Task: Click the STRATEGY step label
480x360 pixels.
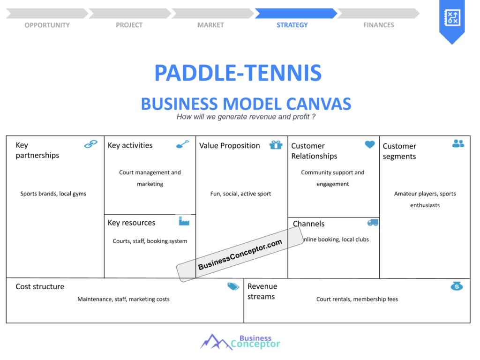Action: (x=292, y=25)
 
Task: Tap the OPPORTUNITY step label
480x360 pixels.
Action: (x=47, y=25)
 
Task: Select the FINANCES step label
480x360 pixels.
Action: (x=379, y=25)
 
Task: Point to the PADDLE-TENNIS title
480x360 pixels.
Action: (x=238, y=73)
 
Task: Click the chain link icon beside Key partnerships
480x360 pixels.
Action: (x=91, y=144)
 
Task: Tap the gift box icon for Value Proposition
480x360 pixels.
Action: (x=276, y=144)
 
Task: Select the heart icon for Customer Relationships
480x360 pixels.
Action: (x=370, y=144)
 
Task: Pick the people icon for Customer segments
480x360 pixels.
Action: (x=458, y=143)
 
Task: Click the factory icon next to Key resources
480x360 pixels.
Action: (x=184, y=221)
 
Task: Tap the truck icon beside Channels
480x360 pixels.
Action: (x=373, y=223)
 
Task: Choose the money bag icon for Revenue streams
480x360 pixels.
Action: (x=457, y=286)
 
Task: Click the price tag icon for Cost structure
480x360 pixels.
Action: (x=233, y=286)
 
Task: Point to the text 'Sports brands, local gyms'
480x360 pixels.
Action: (x=53, y=194)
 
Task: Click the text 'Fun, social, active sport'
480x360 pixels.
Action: (x=240, y=194)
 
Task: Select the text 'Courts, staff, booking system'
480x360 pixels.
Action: (x=150, y=241)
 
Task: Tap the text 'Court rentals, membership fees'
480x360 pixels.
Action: (x=357, y=299)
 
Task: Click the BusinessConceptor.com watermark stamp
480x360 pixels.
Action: (x=240, y=254)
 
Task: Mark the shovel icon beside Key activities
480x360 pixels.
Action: (x=183, y=144)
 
